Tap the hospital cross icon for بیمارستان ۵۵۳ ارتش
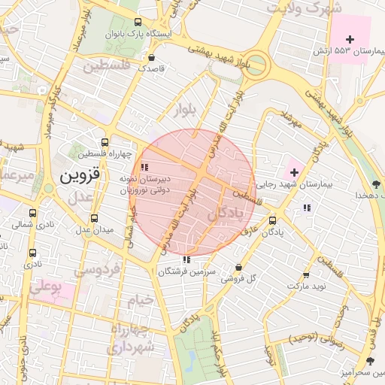350,38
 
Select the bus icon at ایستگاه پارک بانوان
136,23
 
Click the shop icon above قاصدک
152,57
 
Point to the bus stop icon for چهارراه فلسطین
105,141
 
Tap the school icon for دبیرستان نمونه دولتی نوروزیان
145,167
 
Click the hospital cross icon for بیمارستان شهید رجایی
293,172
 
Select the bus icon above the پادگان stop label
272,220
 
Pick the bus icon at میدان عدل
94,217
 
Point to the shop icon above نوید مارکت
305,275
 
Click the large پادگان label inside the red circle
226,214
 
